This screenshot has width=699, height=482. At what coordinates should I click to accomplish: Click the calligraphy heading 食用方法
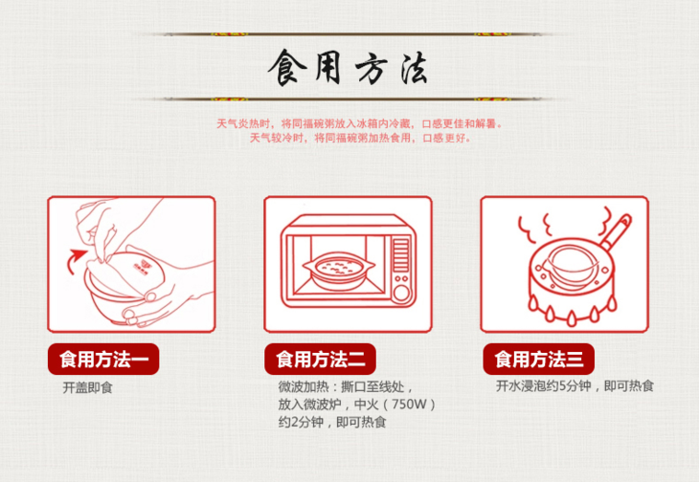tap(348, 68)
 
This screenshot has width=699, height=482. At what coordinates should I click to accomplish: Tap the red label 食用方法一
tap(103, 360)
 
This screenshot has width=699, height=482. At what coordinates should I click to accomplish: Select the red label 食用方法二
tap(320, 360)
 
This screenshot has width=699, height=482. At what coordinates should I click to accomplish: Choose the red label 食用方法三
tap(538, 360)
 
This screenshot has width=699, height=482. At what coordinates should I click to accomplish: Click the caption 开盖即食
tap(87, 387)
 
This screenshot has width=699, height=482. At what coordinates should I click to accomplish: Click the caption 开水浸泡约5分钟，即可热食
tap(575, 385)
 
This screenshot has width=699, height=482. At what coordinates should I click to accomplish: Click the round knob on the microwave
tap(401, 294)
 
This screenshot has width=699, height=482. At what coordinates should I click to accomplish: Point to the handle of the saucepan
tap(616, 231)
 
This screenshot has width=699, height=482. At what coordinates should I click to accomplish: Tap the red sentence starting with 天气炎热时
tap(359, 123)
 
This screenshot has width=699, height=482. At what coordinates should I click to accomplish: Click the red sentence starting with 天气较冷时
tap(360, 138)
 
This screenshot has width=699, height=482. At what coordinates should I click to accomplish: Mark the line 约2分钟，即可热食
tap(332, 422)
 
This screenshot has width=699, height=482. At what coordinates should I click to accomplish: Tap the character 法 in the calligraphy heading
tap(414, 69)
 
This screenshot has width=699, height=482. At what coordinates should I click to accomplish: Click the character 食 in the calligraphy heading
tap(287, 68)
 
